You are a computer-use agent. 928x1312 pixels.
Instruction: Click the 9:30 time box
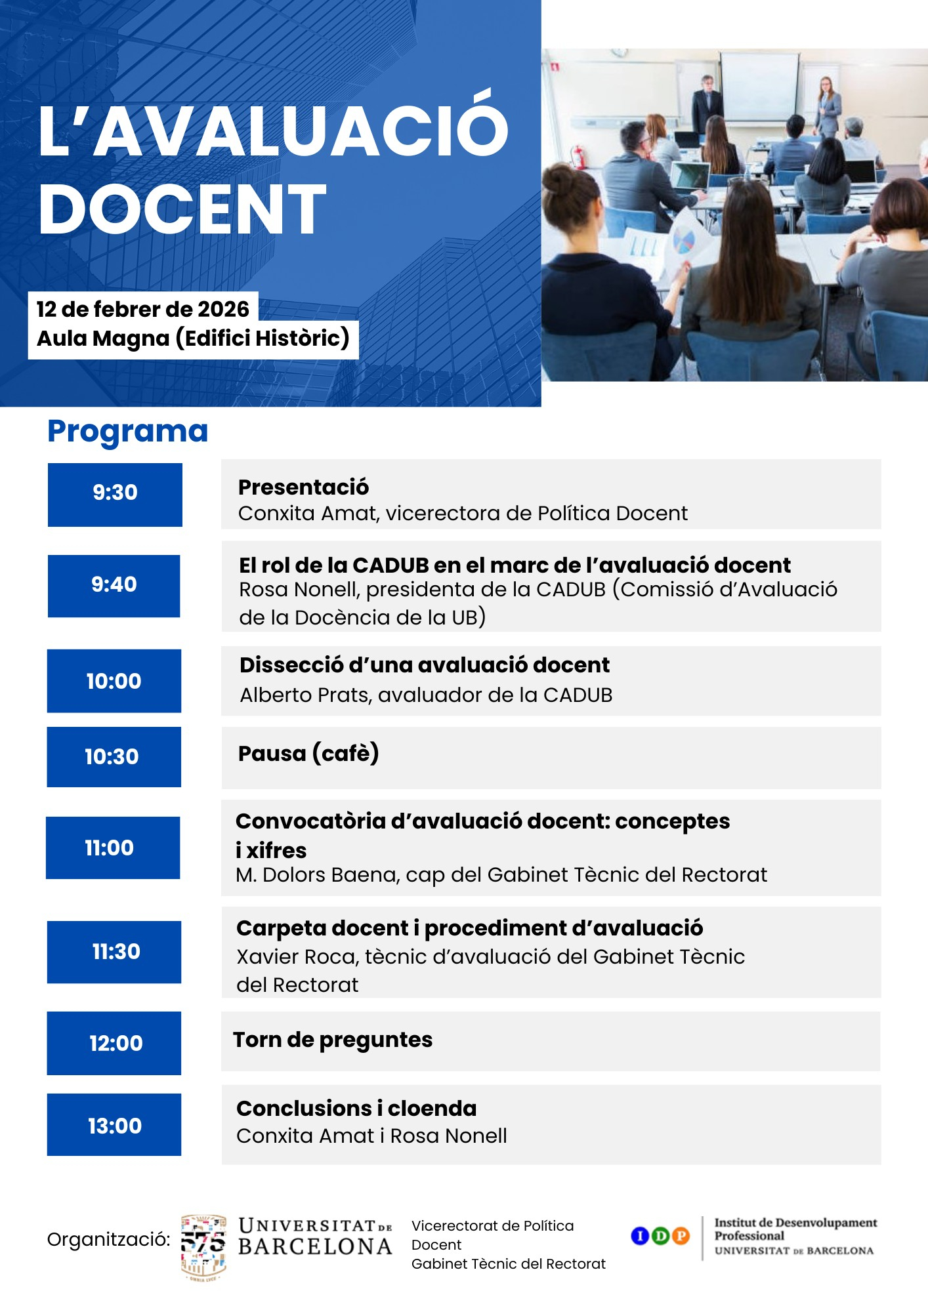pos(115,495)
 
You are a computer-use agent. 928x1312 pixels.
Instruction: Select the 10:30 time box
pos(114,756)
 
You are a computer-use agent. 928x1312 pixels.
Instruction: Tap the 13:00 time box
pos(114,1124)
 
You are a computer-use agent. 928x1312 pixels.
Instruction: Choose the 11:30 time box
pos(114,952)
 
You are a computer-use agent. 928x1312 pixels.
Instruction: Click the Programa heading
pos(128,432)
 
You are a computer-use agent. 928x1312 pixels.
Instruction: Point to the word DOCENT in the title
pos(182,209)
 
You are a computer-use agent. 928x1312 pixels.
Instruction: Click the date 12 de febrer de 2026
pos(142,309)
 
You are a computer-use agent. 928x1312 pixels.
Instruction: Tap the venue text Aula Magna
pos(103,338)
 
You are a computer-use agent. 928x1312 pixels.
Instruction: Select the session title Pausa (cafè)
pos(308,754)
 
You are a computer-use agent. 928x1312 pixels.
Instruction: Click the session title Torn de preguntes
pos(333,1040)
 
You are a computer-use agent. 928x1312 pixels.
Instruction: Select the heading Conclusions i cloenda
pos(356,1109)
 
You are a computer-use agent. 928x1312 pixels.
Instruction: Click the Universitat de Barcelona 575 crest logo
pos(203,1247)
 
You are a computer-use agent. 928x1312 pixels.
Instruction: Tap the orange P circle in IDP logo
pos(681,1236)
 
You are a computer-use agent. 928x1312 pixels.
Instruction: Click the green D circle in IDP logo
pos(660,1236)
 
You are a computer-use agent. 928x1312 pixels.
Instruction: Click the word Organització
pos(108,1240)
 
